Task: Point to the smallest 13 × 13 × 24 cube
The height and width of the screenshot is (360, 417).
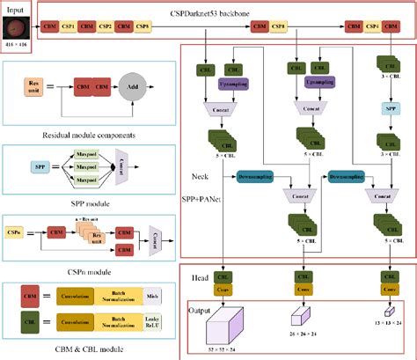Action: [x=388, y=312]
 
